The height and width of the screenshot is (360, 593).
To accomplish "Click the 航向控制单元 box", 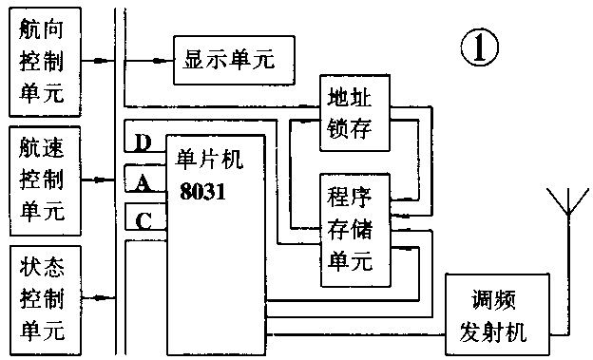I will [43, 59].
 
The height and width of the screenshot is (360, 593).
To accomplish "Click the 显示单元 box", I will [233, 59].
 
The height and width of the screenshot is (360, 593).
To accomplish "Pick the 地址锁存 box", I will [354, 110].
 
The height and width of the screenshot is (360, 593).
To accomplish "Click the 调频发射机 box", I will [497, 314].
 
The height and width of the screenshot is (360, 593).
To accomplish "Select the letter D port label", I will [143, 143].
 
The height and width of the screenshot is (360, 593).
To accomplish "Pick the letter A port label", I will [143, 184].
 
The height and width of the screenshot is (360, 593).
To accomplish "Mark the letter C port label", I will [143, 220].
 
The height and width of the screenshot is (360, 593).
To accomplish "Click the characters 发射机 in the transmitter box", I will [496, 332].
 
